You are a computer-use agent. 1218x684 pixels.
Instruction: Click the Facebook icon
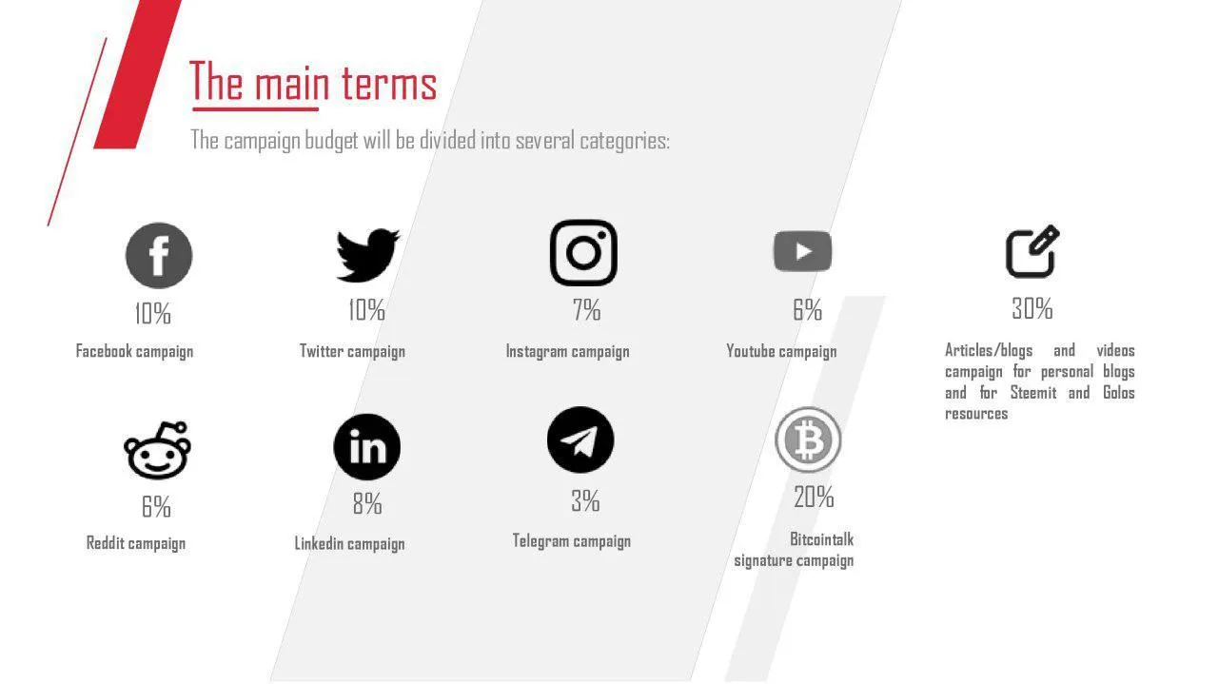159,255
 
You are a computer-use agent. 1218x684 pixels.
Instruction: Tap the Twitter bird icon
368,255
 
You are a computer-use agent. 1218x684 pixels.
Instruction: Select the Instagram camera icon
583,253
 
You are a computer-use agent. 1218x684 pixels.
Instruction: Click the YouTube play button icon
802,251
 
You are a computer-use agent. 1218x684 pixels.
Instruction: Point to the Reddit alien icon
157,450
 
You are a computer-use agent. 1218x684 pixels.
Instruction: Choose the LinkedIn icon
367,447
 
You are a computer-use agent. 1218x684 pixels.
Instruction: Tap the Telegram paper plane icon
580,440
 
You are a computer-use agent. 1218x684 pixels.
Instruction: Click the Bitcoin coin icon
808,440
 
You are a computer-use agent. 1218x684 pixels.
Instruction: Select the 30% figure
1032,308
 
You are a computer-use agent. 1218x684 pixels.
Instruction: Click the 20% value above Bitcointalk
814,497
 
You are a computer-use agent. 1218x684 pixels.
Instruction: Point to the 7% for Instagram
586,310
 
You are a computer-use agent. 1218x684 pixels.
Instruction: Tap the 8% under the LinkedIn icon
367,503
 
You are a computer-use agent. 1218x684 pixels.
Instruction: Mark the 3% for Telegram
585,500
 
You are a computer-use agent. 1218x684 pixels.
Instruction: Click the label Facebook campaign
134,351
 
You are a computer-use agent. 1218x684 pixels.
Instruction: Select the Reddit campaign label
136,543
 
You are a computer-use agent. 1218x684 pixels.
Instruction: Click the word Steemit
1033,393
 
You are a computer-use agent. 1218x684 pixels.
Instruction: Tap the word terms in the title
389,83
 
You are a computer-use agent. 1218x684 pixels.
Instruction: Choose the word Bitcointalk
821,539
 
